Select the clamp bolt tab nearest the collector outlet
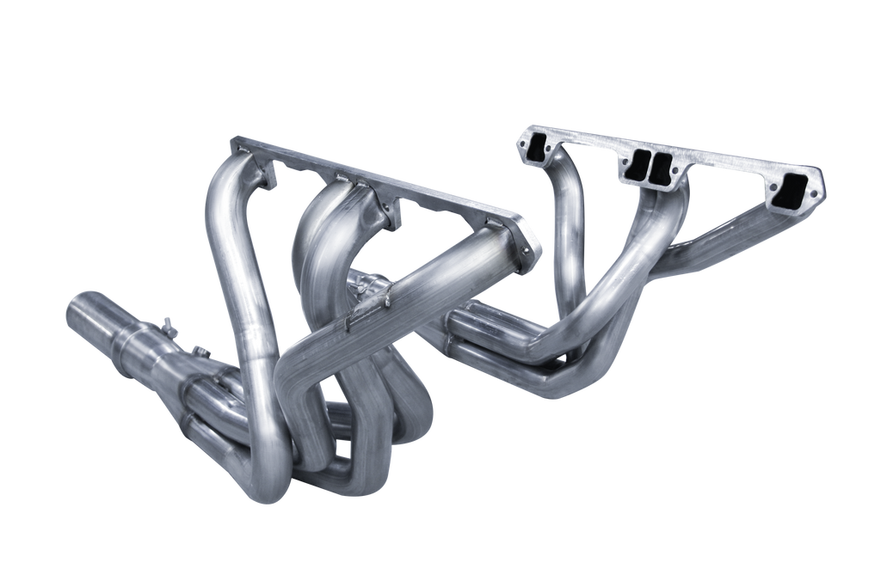pos(167,326)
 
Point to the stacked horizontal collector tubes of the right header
pos(490,339)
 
